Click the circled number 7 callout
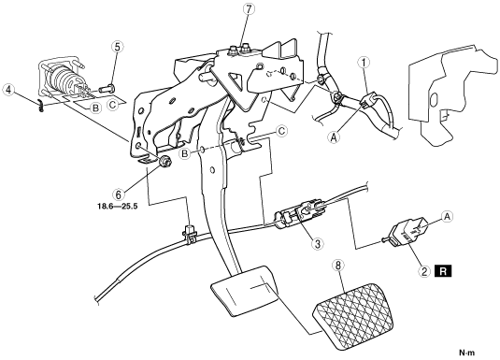click(x=249, y=9)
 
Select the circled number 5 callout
click(x=118, y=48)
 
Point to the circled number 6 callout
click(x=119, y=194)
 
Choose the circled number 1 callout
click(x=364, y=63)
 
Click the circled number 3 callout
click(x=317, y=244)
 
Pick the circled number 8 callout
click(x=338, y=265)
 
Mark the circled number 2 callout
click(x=424, y=271)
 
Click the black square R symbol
click(x=443, y=271)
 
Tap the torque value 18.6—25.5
click(x=118, y=206)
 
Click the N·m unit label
click(x=467, y=353)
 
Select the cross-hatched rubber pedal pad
click(x=352, y=315)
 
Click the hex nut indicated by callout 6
click(x=165, y=161)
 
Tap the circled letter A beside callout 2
click(x=448, y=217)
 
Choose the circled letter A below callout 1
click(x=334, y=137)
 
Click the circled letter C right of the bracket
click(x=281, y=131)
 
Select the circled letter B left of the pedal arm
click(x=185, y=154)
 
